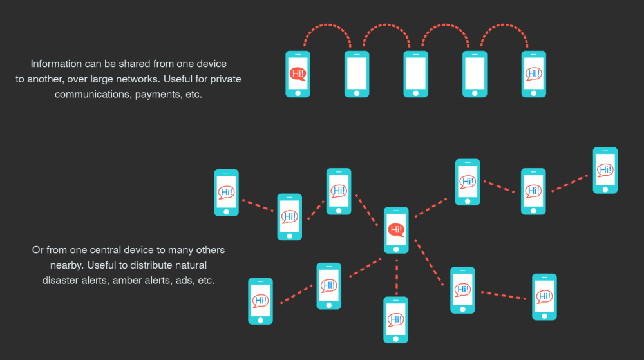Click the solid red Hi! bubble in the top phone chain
click(x=298, y=73)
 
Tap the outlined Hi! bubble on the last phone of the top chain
click(x=534, y=73)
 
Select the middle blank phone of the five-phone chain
click(x=415, y=73)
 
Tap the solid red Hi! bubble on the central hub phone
click(x=396, y=229)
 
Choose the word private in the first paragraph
click(x=222, y=79)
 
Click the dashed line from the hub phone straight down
click(x=396, y=274)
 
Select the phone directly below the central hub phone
click(x=395, y=319)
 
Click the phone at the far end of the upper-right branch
click(x=605, y=170)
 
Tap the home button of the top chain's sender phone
click(x=298, y=91)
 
